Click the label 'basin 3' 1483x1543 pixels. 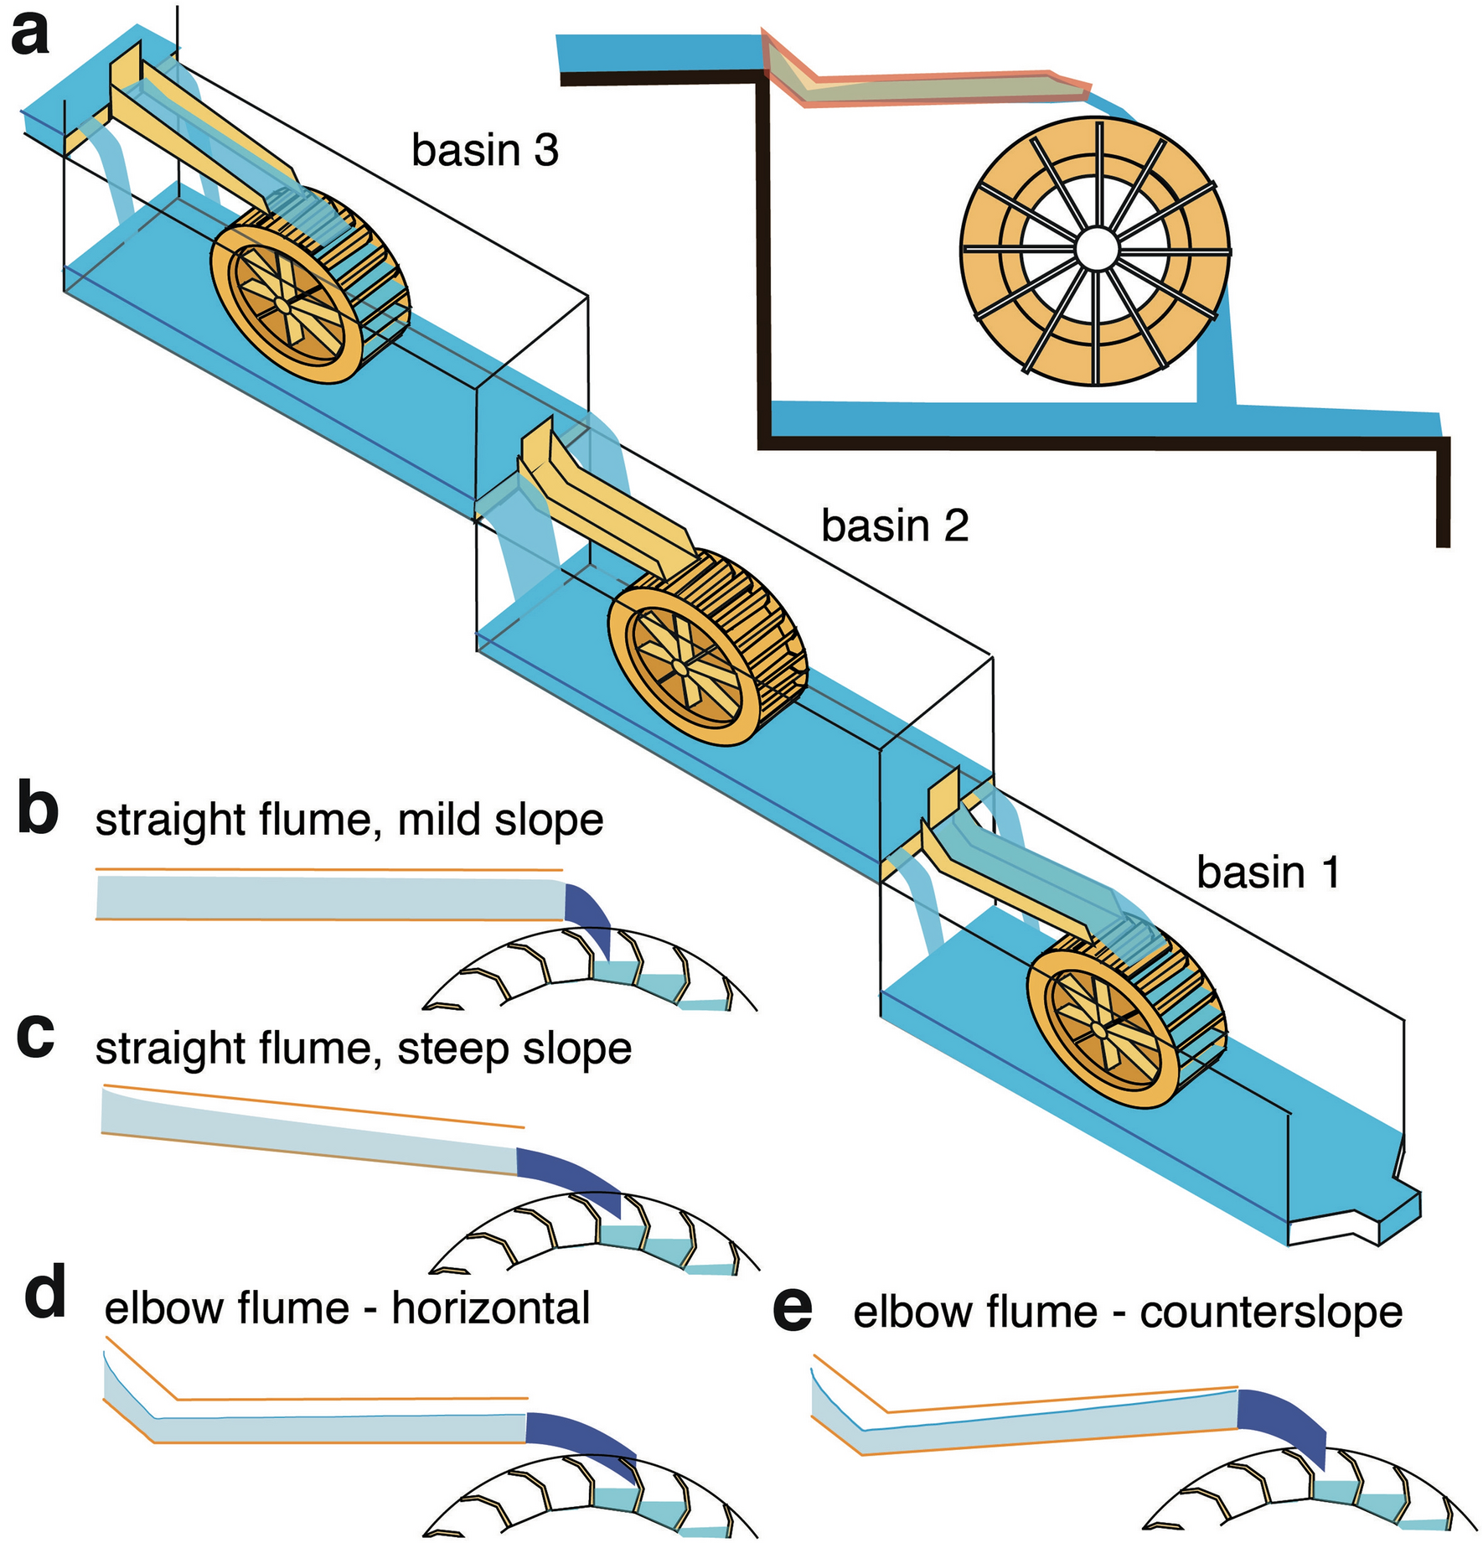pos(484,151)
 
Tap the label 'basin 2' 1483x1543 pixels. pos(894,526)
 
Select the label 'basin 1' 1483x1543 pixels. pos(1268,872)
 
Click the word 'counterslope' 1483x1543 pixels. pos(1270,1313)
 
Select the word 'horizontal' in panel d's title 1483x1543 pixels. pos(491,1308)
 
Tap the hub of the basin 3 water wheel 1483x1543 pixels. pos(283,308)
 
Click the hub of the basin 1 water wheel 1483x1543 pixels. pos(1098,1029)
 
